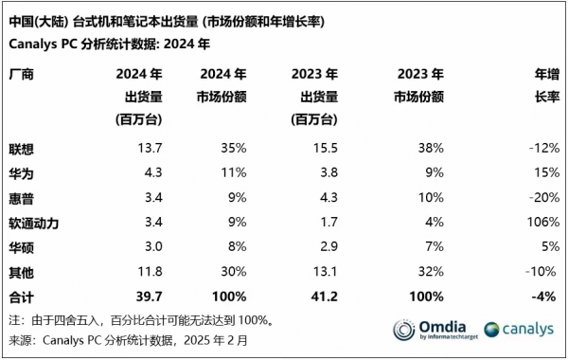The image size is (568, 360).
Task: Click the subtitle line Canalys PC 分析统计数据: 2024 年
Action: pyautogui.click(x=110, y=44)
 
